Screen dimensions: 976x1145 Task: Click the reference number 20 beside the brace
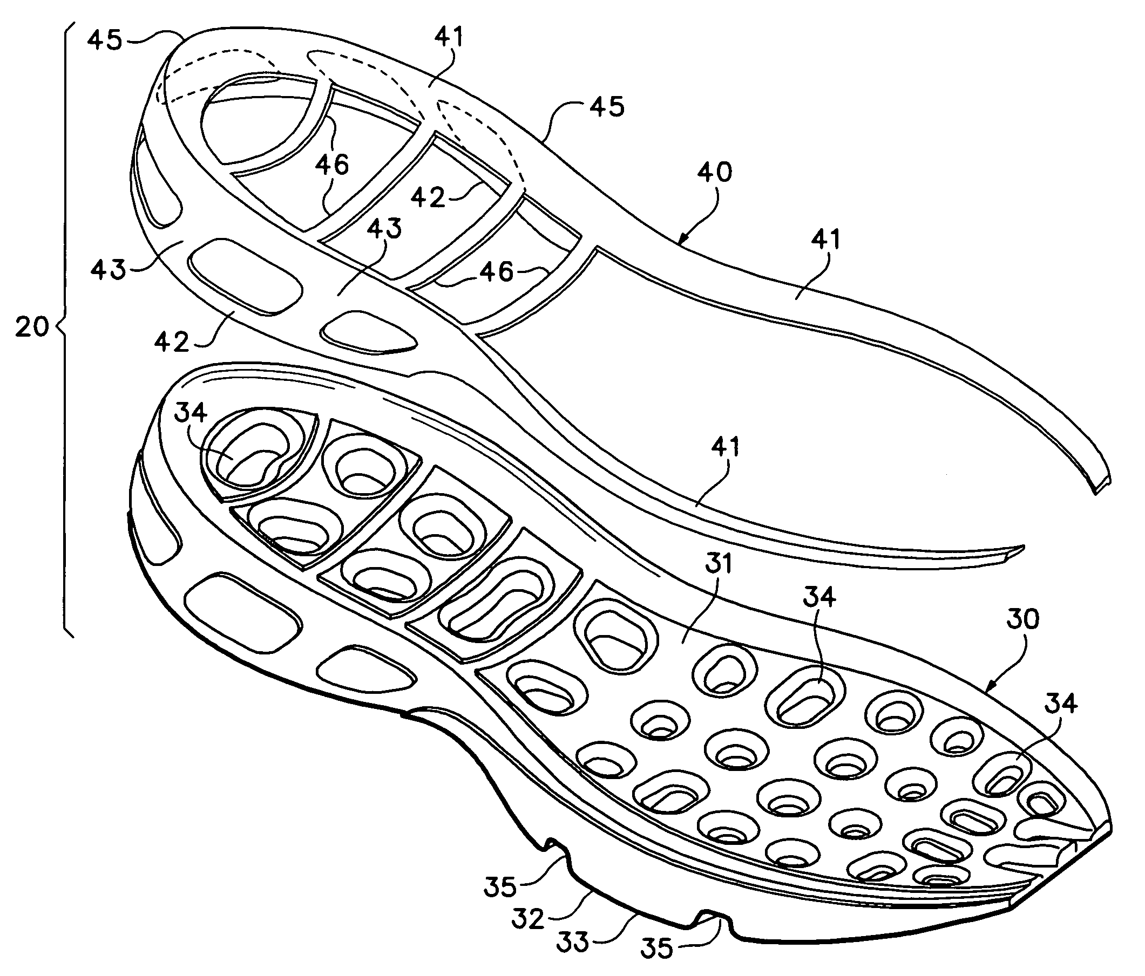(31, 327)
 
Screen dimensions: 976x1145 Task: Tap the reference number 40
(715, 172)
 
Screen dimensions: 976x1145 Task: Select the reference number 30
(1022, 619)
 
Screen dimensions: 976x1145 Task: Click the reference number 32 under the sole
(529, 919)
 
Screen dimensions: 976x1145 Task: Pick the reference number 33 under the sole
(572, 943)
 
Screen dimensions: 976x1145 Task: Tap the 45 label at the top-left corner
(105, 40)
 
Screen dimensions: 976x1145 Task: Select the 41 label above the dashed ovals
(449, 38)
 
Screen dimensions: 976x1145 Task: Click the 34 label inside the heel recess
(191, 412)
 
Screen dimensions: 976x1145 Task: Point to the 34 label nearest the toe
(1061, 704)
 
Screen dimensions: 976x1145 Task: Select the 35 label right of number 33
(657, 948)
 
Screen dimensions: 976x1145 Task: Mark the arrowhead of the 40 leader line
(681, 242)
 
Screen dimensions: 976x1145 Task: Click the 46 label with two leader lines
(333, 164)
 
